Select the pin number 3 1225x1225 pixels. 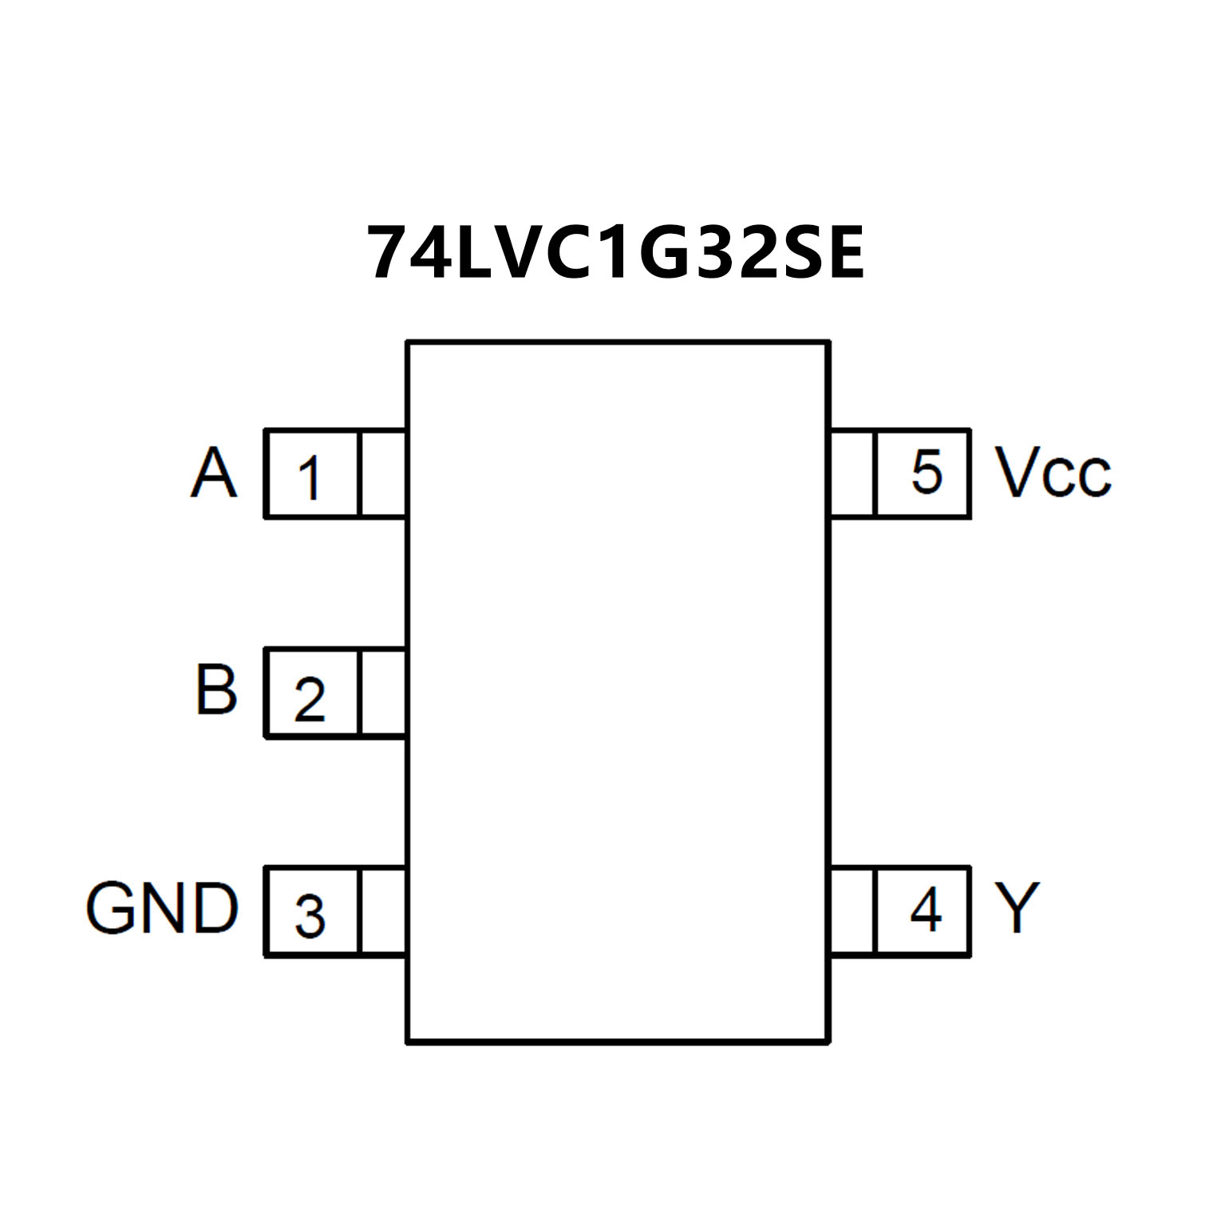click(309, 915)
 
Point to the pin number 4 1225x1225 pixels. click(926, 909)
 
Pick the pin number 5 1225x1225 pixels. click(927, 472)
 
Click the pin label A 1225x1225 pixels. click(213, 473)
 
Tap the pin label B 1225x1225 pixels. click(216, 690)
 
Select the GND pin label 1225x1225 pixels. click(162, 907)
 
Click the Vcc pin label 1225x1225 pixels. click(1052, 473)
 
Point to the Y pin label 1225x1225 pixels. click(1017, 907)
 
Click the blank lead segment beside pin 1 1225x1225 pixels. click(383, 474)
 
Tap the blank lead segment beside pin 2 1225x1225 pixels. click(383, 693)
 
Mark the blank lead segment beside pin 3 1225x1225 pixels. click(383, 911)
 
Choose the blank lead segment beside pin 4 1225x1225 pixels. click(852, 911)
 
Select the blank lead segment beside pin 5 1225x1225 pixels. click(852, 474)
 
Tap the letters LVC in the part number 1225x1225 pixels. click(531, 253)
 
